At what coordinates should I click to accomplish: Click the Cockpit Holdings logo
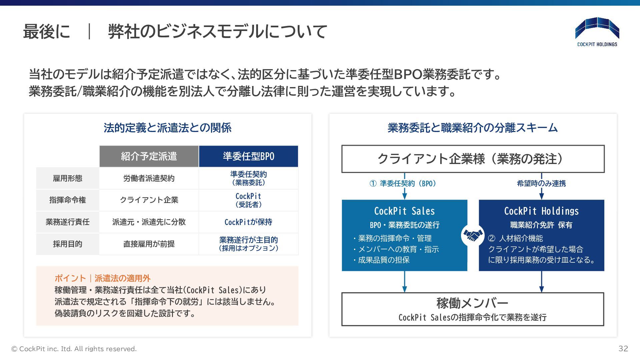tap(597, 32)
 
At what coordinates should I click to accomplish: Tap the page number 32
tap(623, 349)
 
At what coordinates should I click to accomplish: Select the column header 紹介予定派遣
tap(149, 156)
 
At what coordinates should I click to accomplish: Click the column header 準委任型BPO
tap(248, 156)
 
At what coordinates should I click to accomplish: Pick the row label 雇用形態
tap(68, 178)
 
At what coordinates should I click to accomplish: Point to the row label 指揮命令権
tap(68, 200)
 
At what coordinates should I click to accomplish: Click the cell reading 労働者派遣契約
tap(149, 178)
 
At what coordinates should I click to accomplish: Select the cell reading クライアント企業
tap(149, 200)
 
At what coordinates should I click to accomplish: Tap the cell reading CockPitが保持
tap(248, 222)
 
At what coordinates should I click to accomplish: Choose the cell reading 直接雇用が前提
tap(149, 244)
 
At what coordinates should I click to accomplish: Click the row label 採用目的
tap(68, 244)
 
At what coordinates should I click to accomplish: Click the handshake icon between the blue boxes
tap(473, 235)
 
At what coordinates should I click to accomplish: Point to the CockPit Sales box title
tap(404, 211)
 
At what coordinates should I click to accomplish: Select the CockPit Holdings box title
tap(541, 211)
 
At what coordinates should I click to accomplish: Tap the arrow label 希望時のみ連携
tap(541, 183)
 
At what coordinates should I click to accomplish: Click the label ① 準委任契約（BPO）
tap(403, 183)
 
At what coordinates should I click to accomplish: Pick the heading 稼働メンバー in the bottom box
tap(472, 303)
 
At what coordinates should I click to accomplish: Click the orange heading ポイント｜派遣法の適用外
tap(102, 278)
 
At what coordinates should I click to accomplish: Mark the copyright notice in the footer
tap(74, 349)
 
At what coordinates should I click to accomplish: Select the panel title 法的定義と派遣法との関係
tap(167, 128)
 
